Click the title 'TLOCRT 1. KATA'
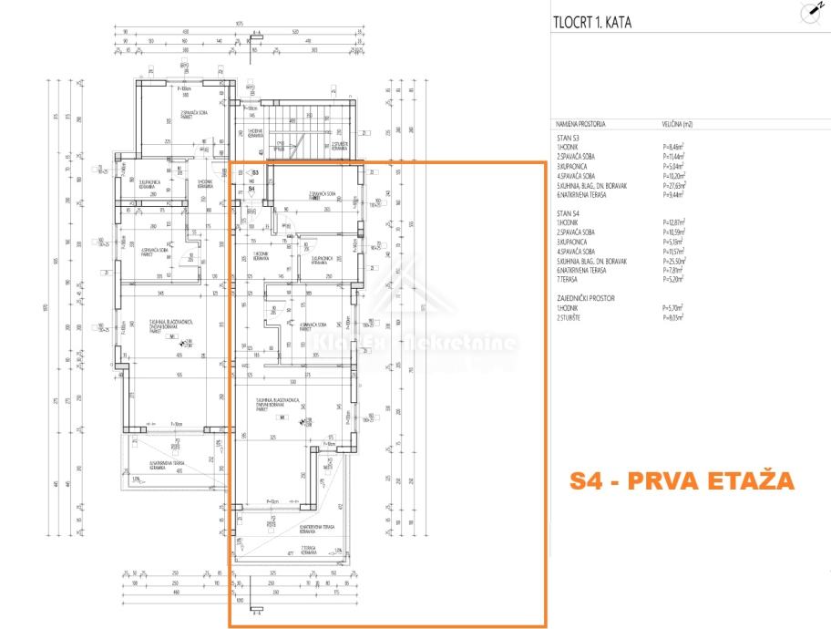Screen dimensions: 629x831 591,23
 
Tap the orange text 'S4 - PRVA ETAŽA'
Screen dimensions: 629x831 682,480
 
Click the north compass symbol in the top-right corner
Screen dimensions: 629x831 809,12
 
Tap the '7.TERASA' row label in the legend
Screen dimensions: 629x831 569,279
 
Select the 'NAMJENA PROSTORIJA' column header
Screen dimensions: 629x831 580,122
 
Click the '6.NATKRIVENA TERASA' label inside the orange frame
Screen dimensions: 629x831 314,528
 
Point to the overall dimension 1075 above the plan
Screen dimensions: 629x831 238,23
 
